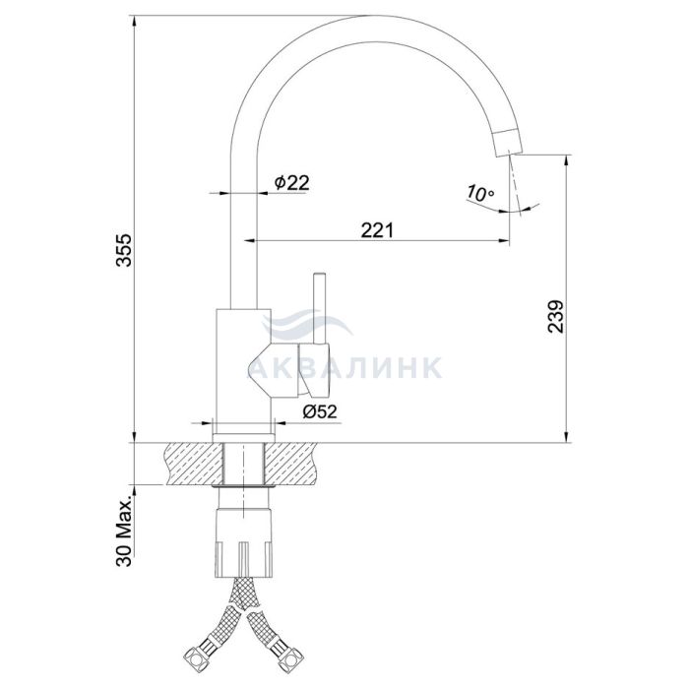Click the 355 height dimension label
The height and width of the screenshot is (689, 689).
pyautogui.click(x=123, y=250)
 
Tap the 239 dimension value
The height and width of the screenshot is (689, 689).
pyautogui.click(x=555, y=316)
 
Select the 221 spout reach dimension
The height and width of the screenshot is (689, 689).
pyautogui.click(x=377, y=230)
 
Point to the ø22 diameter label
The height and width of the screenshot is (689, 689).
pyautogui.click(x=291, y=182)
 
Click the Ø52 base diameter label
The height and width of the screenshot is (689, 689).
pyautogui.click(x=320, y=411)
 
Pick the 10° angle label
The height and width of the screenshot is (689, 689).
pyautogui.click(x=480, y=193)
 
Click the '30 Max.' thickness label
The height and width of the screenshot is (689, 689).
pyautogui.click(x=124, y=532)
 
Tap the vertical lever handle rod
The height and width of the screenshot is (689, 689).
pyautogui.click(x=320, y=308)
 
